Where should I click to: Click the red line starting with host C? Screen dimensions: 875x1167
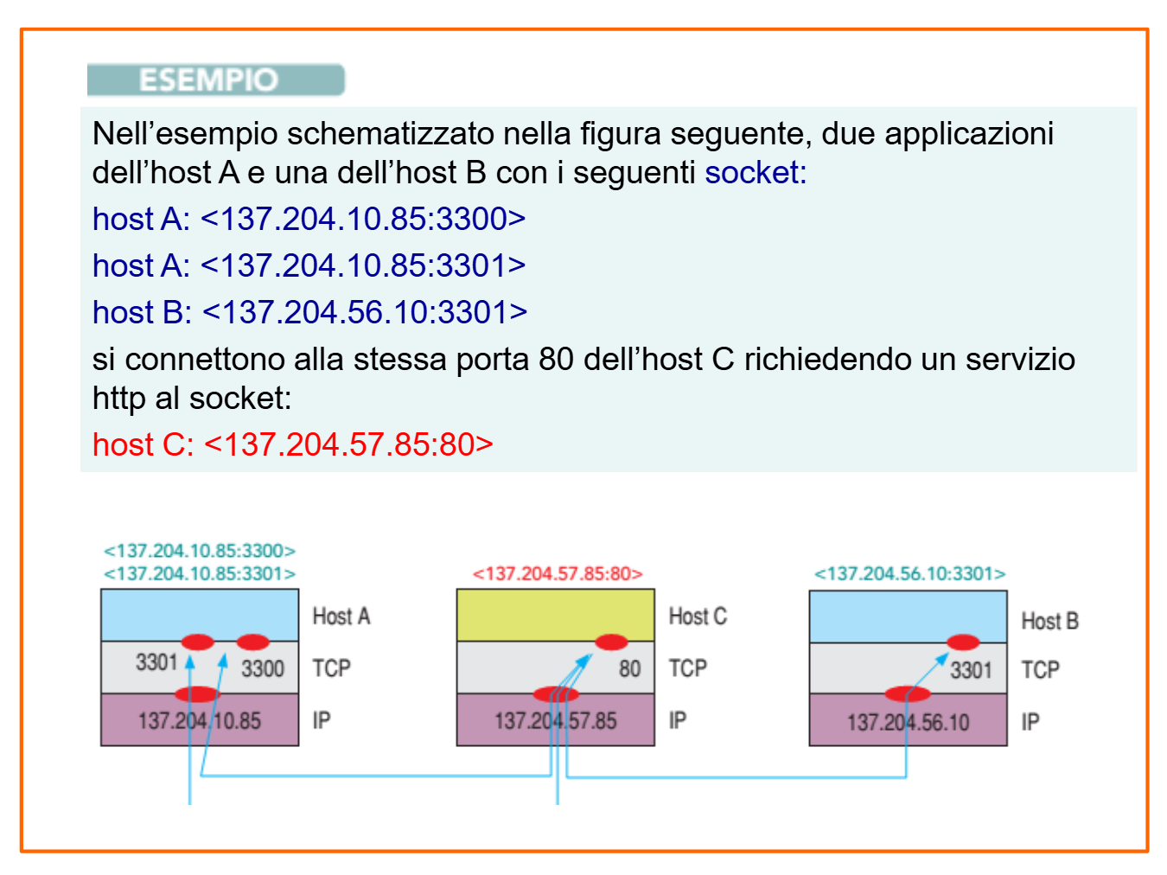click(292, 444)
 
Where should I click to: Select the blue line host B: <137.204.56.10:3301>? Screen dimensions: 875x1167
click(309, 312)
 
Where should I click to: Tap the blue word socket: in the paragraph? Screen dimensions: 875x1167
click(755, 173)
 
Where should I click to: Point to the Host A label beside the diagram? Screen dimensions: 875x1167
click(341, 616)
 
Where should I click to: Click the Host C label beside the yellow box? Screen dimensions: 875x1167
click(698, 616)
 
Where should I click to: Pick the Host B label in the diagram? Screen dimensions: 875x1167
click(1049, 621)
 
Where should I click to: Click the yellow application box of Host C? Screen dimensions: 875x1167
click(555, 614)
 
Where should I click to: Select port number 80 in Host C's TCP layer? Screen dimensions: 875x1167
click(629, 668)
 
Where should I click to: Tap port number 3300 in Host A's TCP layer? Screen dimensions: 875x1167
click(263, 668)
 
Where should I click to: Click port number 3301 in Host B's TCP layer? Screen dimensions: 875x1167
click(971, 670)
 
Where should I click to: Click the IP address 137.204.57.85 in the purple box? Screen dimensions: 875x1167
click(555, 721)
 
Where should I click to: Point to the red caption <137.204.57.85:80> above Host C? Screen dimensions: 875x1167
click(558, 574)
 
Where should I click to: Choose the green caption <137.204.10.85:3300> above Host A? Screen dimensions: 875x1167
click(200, 551)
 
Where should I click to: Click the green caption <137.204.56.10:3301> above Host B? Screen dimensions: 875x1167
click(909, 574)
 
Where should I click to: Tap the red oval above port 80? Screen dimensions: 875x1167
click(611, 642)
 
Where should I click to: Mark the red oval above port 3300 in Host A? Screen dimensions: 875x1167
click(252, 642)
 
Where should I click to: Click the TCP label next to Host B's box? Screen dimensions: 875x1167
click(1040, 670)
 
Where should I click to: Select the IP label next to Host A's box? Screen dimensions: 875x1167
click(322, 721)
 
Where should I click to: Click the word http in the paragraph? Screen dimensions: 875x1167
click(118, 399)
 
